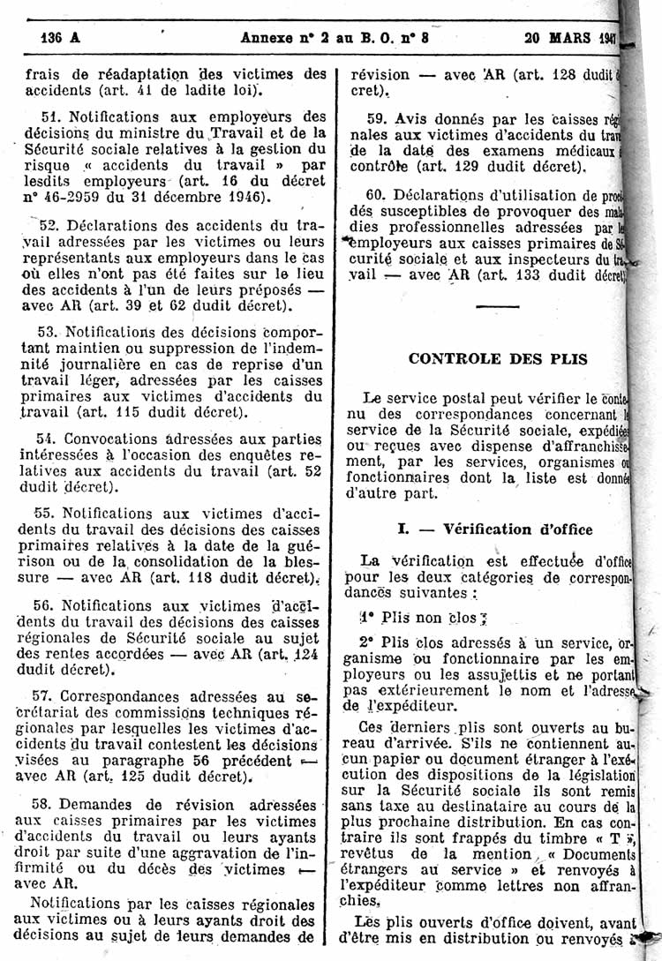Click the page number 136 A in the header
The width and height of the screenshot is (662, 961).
point(60,37)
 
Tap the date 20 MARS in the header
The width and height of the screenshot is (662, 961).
point(557,37)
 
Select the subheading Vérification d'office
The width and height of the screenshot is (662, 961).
point(518,529)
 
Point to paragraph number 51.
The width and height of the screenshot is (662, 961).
point(50,116)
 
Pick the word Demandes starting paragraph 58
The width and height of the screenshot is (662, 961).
point(100,805)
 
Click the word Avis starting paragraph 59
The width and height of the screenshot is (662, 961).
point(412,117)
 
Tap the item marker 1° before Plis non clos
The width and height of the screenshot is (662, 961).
point(367,619)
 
